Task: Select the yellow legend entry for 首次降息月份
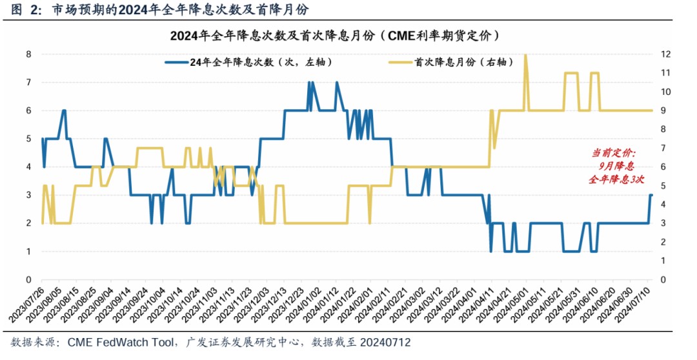tap(451, 63)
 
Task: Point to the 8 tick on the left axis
tap(28, 54)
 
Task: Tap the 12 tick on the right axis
tap(665, 54)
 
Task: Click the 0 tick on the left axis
tap(28, 279)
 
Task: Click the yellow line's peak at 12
tap(525, 55)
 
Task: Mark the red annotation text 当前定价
tap(614, 154)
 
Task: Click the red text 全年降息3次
tap(616, 180)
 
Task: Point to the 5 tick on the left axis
tap(28, 139)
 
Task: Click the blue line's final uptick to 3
tap(651, 195)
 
